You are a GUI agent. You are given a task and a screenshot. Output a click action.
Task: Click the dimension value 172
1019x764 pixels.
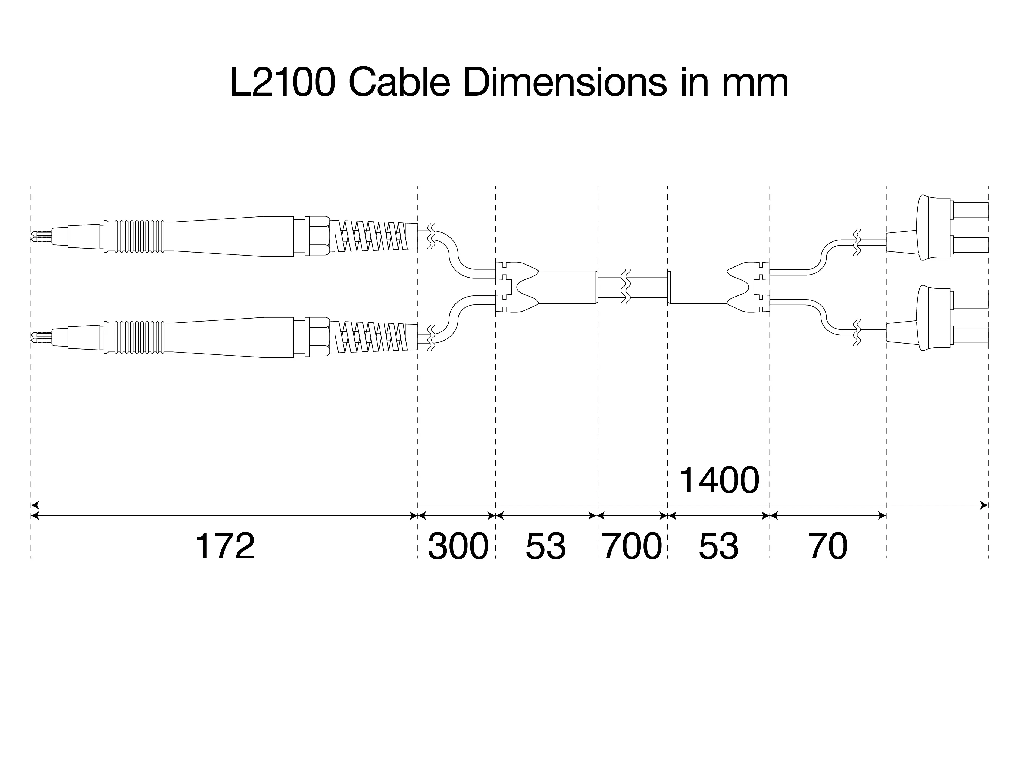click(225, 547)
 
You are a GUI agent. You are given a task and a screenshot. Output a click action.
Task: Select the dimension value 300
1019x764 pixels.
click(458, 547)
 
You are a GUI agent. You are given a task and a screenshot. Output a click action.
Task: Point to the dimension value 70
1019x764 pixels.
click(828, 547)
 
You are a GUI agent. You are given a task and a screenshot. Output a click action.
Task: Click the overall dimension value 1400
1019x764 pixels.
click(719, 480)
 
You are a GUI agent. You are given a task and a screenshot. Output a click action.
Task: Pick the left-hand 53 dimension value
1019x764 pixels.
click(546, 547)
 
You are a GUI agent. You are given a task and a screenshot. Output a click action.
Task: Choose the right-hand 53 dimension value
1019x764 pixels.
click(719, 547)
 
